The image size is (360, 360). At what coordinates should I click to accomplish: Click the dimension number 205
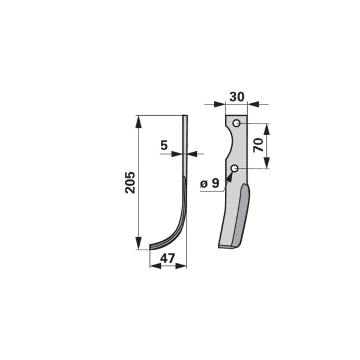130,182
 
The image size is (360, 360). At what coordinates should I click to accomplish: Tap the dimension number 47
167,259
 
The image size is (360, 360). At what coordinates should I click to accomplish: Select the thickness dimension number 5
164,145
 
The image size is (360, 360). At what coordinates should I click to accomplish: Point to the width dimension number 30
237,97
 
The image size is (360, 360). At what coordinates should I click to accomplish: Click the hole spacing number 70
259,145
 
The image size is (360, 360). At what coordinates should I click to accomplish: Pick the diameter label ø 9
209,184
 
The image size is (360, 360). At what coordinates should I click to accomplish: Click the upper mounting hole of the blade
236,123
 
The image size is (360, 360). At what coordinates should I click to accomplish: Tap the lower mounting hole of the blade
235,169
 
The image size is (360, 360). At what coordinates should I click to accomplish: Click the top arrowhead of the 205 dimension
139,121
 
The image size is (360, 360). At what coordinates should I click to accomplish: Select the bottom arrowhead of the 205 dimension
139,244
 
